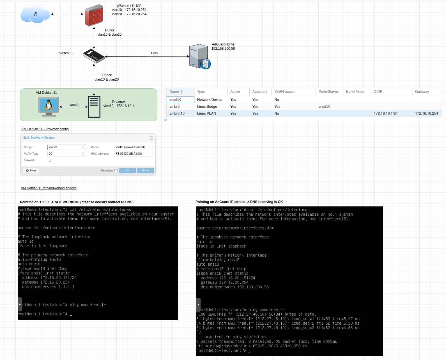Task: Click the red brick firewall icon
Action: (x=94, y=15)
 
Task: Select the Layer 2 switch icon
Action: (x=94, y=56)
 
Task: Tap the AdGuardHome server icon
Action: (x=199, y=56)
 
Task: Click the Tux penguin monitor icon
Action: (x=49, y=106)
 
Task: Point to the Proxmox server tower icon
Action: (x=94, y=107)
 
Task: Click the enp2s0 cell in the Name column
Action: (x=180, y=100)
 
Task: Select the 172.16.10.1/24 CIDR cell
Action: (x=385, y=113)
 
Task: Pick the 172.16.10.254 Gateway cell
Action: (x=426, y=113)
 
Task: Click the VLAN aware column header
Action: (x=284, y=92)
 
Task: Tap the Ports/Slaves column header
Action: (x=328, y=92)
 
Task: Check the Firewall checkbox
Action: (x=49, y=160)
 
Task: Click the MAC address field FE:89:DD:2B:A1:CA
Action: (x=133, y=154)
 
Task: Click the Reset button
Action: (x=145, y=170)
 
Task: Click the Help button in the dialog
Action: (x=31, y=170)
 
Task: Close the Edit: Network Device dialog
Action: (x=151, y=138)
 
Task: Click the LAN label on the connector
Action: (x=154, y=53)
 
